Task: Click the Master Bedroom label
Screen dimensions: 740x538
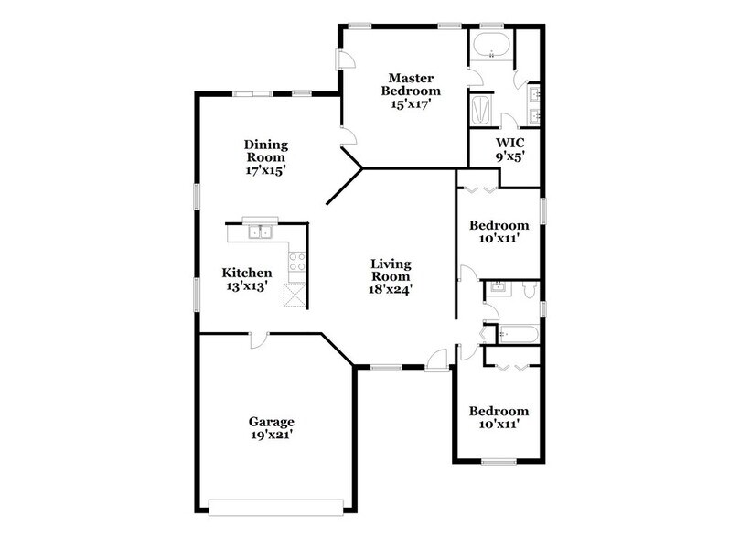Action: [x=411, y=84]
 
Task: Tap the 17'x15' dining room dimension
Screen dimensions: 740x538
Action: [x=265, y=170]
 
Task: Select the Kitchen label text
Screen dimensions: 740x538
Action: [x=247, y=273]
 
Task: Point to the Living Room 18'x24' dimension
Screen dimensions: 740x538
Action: [x=391, y=289]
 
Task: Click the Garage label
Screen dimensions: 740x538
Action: [x=272, y=422]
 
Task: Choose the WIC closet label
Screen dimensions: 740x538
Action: [x=509, y=143]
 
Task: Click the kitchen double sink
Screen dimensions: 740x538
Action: [x=260, y=231]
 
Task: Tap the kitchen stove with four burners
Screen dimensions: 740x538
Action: [x=297, y=262]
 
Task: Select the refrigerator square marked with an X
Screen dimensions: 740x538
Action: [x=295, y=296]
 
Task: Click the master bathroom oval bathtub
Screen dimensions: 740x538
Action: [x=491, y=46]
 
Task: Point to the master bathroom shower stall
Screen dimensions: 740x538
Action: [x=481, y=111]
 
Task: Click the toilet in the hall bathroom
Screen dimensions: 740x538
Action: [x=530, y=290]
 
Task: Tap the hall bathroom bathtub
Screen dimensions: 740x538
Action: [x=519, y=335]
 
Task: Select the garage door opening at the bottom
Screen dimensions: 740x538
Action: [x=276, y=509]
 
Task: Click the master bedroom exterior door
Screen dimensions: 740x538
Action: [x=344, y=59]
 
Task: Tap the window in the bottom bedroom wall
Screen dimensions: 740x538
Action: [x=499, y=461]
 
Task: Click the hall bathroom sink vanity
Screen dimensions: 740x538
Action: [x=498, y=288]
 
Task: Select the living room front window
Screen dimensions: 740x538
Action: [x=386, y=367]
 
